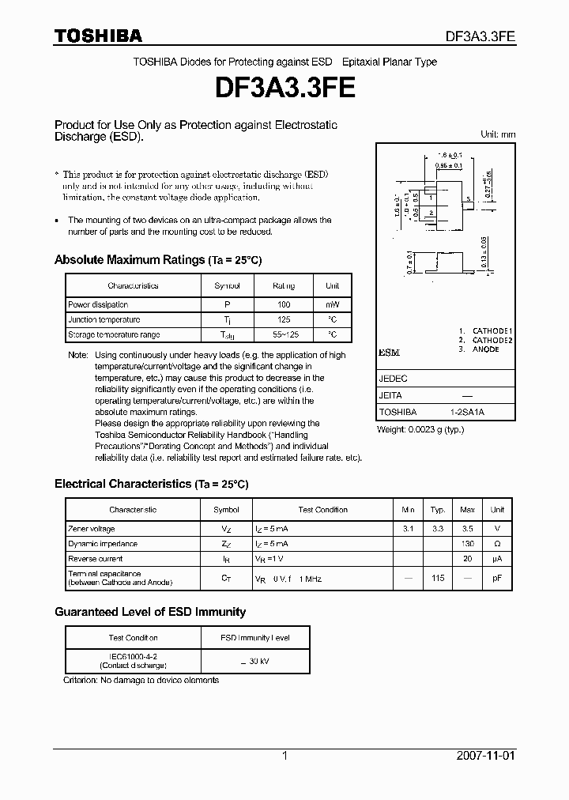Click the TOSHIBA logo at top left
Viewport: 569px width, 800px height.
tap(98, 36)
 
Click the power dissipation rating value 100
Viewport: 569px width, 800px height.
tap(284, 304)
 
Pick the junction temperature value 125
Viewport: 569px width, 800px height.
tap(284, 319)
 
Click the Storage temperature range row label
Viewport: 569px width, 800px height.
tap(114, 335)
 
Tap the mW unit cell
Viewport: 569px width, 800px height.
tap(332, 304)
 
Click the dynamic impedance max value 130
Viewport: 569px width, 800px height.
tap(467, 544)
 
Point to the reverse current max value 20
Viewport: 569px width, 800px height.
tap(467, 559)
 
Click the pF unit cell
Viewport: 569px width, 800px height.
tap(497, 578)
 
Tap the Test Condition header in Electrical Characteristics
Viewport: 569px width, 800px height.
tap(322, 510)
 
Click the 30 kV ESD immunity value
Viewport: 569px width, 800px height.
tap(254, 661)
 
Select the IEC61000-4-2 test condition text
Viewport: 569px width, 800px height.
tap(133, 656)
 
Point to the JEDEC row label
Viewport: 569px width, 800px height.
tap(394, 379)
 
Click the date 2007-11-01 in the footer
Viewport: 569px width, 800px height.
tap(486, 756)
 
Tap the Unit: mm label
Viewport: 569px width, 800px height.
tap(498, 134)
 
